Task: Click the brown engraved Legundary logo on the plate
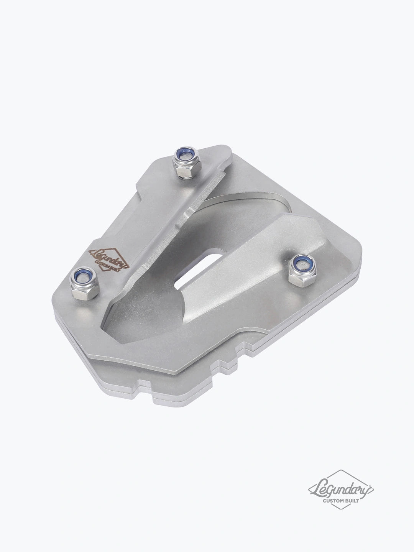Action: point(108,259)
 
